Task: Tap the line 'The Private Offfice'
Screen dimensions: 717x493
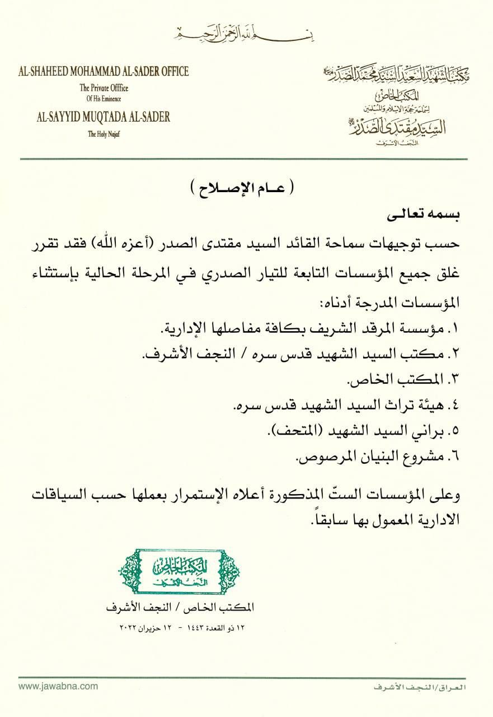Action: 104,88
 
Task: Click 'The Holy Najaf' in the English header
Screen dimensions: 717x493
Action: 104,133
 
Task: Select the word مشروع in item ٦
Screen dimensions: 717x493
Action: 423,457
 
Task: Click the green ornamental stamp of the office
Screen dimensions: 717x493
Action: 180,571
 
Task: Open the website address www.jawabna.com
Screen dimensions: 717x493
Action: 50,686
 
